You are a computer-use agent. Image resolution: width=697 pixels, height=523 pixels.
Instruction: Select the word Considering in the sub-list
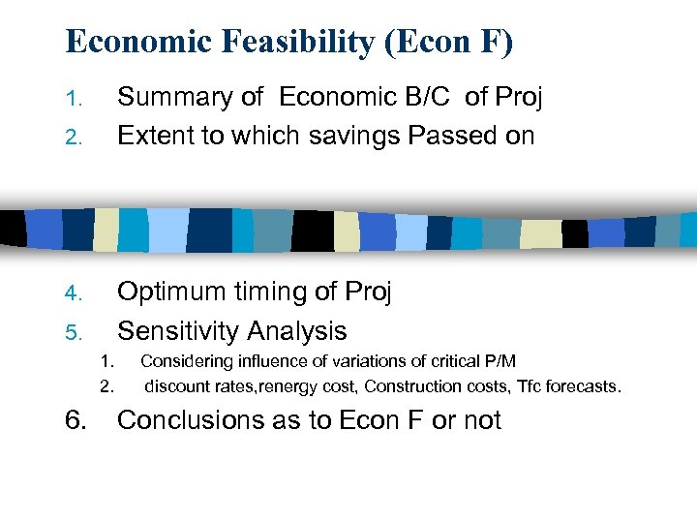point(187,361)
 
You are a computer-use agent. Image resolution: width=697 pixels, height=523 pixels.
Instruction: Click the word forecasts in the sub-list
point(583,386)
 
